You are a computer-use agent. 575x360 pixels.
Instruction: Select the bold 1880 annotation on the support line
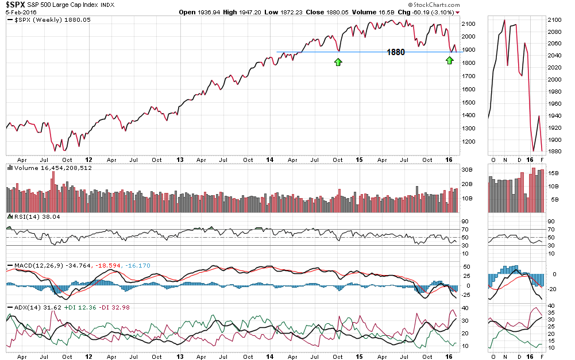click(x=396, y=52)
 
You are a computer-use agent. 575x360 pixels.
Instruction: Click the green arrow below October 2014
click(x=338, y=61)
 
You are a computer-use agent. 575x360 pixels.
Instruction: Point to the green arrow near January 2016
click(x=450, y=60)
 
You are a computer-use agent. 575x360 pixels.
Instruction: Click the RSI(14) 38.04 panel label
click(x=33, y=217)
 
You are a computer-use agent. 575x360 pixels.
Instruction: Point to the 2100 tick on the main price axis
click(x=468, y=24)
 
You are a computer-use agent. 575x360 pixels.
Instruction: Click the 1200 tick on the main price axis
click(x=468, y=141)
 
